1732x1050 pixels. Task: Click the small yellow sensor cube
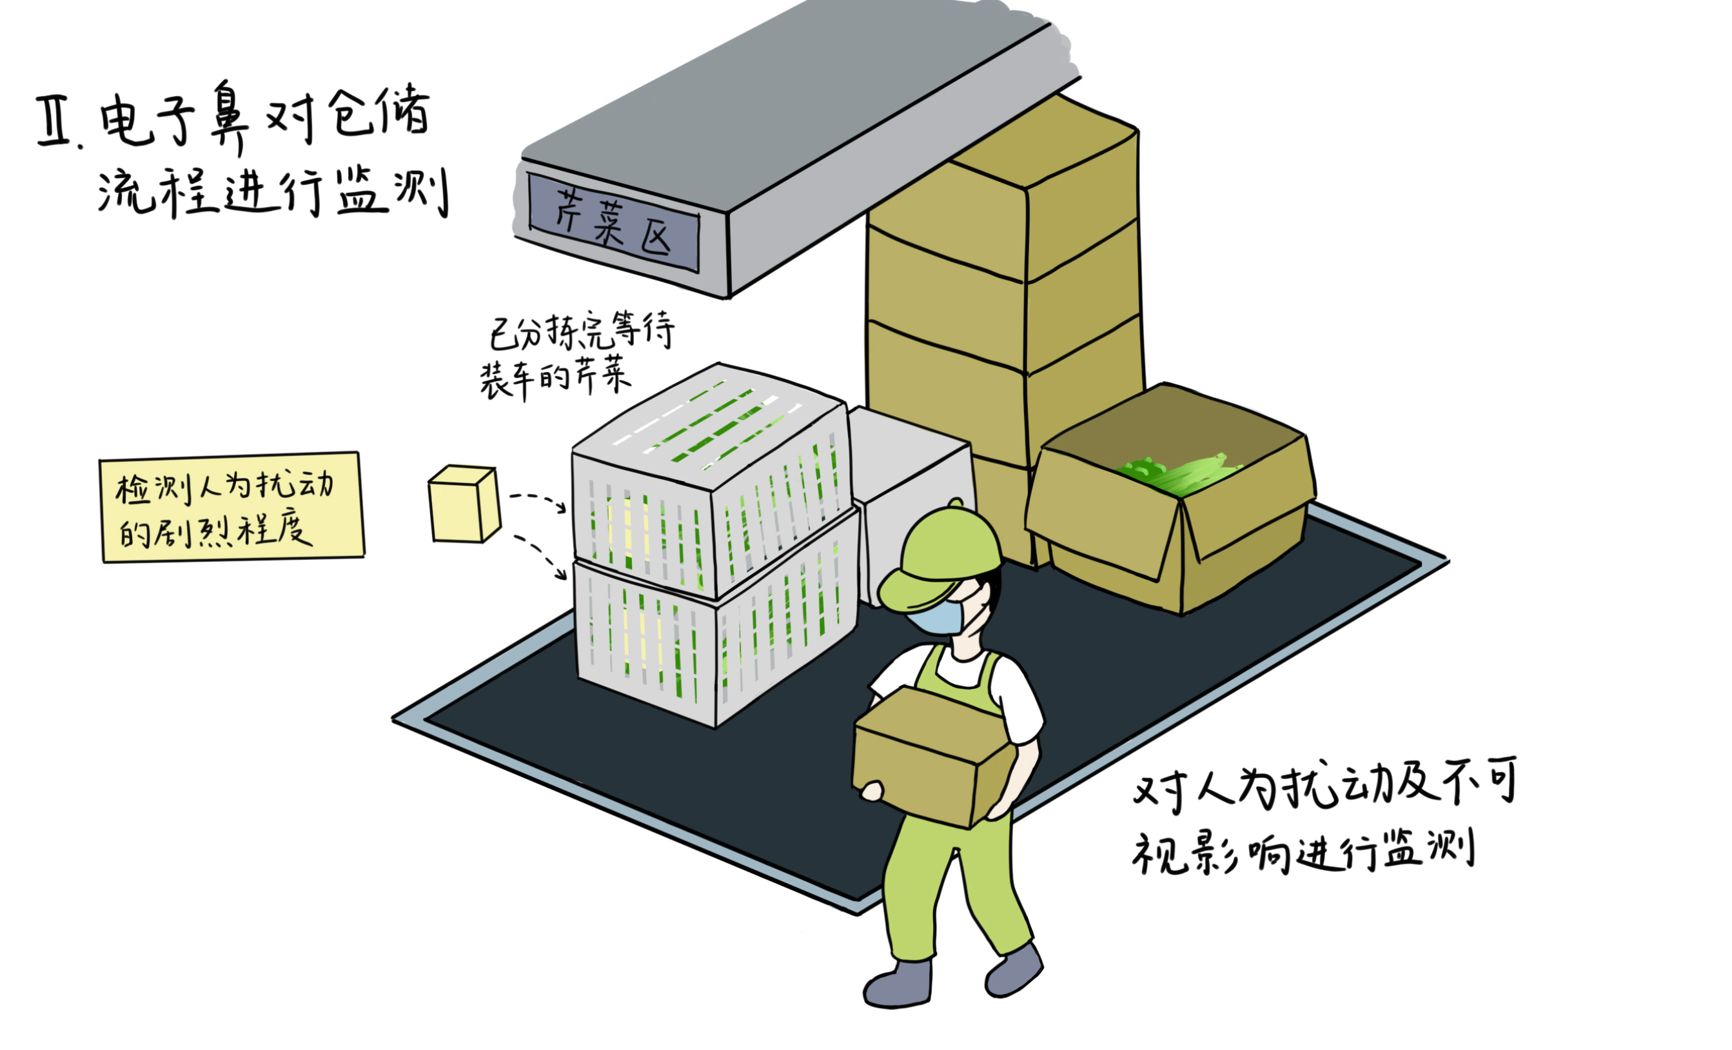coord(464,504)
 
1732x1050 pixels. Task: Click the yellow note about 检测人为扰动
coord(231,507)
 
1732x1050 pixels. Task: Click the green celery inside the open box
coord(1174,471)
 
